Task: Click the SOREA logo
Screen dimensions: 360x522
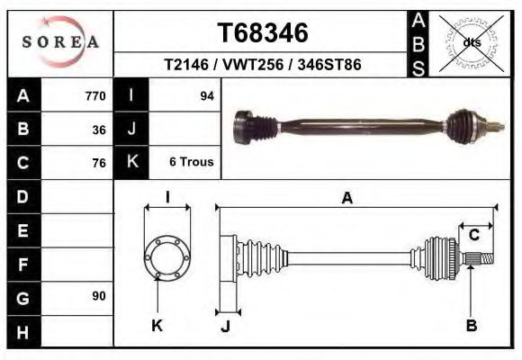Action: click(60, 42)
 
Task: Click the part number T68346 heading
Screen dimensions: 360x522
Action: click(263, 33)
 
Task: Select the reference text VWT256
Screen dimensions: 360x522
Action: click(262, 66)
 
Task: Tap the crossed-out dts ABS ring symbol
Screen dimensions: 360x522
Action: click(471, 41)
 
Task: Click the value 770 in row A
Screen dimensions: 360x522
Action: click(95, 96)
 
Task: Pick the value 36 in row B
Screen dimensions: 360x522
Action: click(99, 130)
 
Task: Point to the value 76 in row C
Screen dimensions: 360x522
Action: click(99, 163)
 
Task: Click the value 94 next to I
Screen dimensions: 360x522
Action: click(206, 96)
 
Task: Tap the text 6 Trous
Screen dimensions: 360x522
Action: click(191, 163)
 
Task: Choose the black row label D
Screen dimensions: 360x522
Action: click(23, 196)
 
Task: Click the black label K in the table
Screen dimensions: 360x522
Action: click(132, 163)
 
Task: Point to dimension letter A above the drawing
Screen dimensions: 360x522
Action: click(346, 199)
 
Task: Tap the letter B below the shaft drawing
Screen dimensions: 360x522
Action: click(471, 326)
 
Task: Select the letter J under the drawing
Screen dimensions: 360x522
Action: click(226, 326)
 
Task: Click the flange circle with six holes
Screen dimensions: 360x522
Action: click(167, 256)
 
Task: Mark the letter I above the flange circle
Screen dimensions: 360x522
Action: click(167, 198)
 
